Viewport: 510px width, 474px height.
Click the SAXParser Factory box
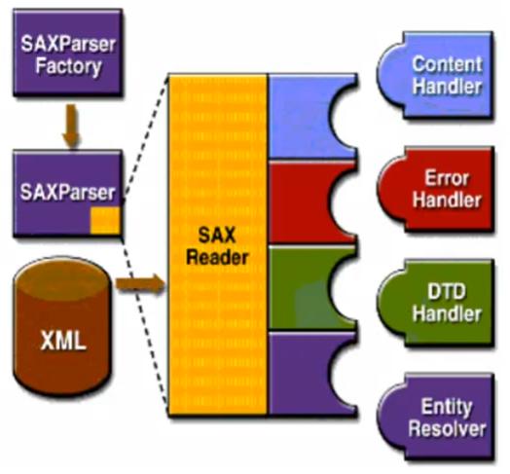(68, 53)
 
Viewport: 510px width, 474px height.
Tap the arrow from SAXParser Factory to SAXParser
(71, 126)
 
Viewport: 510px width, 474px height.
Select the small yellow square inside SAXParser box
(105, 221)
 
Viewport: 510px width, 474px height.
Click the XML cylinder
(62, 326)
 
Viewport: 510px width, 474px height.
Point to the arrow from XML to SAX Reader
(140, 284)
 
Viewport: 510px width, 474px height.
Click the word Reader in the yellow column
(217, 258)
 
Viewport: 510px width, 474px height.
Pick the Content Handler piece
(436, 75)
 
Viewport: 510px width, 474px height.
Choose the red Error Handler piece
(436, 189)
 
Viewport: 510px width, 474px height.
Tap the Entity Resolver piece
(436, 417)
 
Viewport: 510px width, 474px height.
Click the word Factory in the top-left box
(68, 66)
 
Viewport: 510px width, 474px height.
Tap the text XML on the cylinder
(63, 341)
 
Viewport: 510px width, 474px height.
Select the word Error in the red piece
(447, 178)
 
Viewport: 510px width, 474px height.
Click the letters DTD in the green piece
(446, 291)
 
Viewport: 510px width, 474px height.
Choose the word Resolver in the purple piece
(447, 428)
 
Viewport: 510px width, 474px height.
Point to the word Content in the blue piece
(447, 64)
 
